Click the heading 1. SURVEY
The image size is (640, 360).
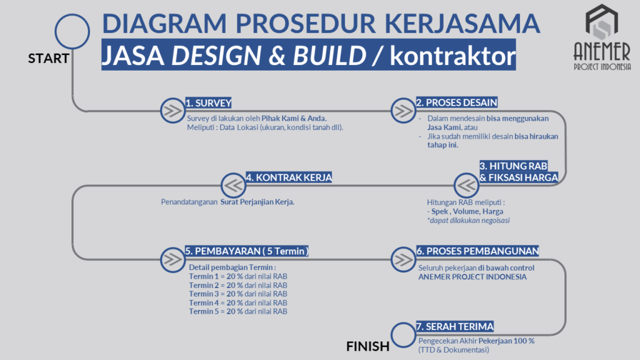[209, 103]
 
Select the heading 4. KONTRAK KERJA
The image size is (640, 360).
[289, 177]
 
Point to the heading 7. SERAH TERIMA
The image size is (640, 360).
[455, 326]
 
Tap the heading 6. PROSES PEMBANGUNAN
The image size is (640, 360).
[477, 251]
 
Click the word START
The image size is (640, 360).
[49, 58]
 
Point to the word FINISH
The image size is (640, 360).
[367, 346]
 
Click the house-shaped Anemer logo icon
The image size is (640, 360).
[602, 22]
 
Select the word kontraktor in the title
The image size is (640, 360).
[452, 56]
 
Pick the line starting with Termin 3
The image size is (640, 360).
[238, 294]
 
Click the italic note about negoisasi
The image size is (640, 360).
[468, 221]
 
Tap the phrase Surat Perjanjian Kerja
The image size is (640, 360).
[257, 202]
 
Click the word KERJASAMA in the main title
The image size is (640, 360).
[462, 23]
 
